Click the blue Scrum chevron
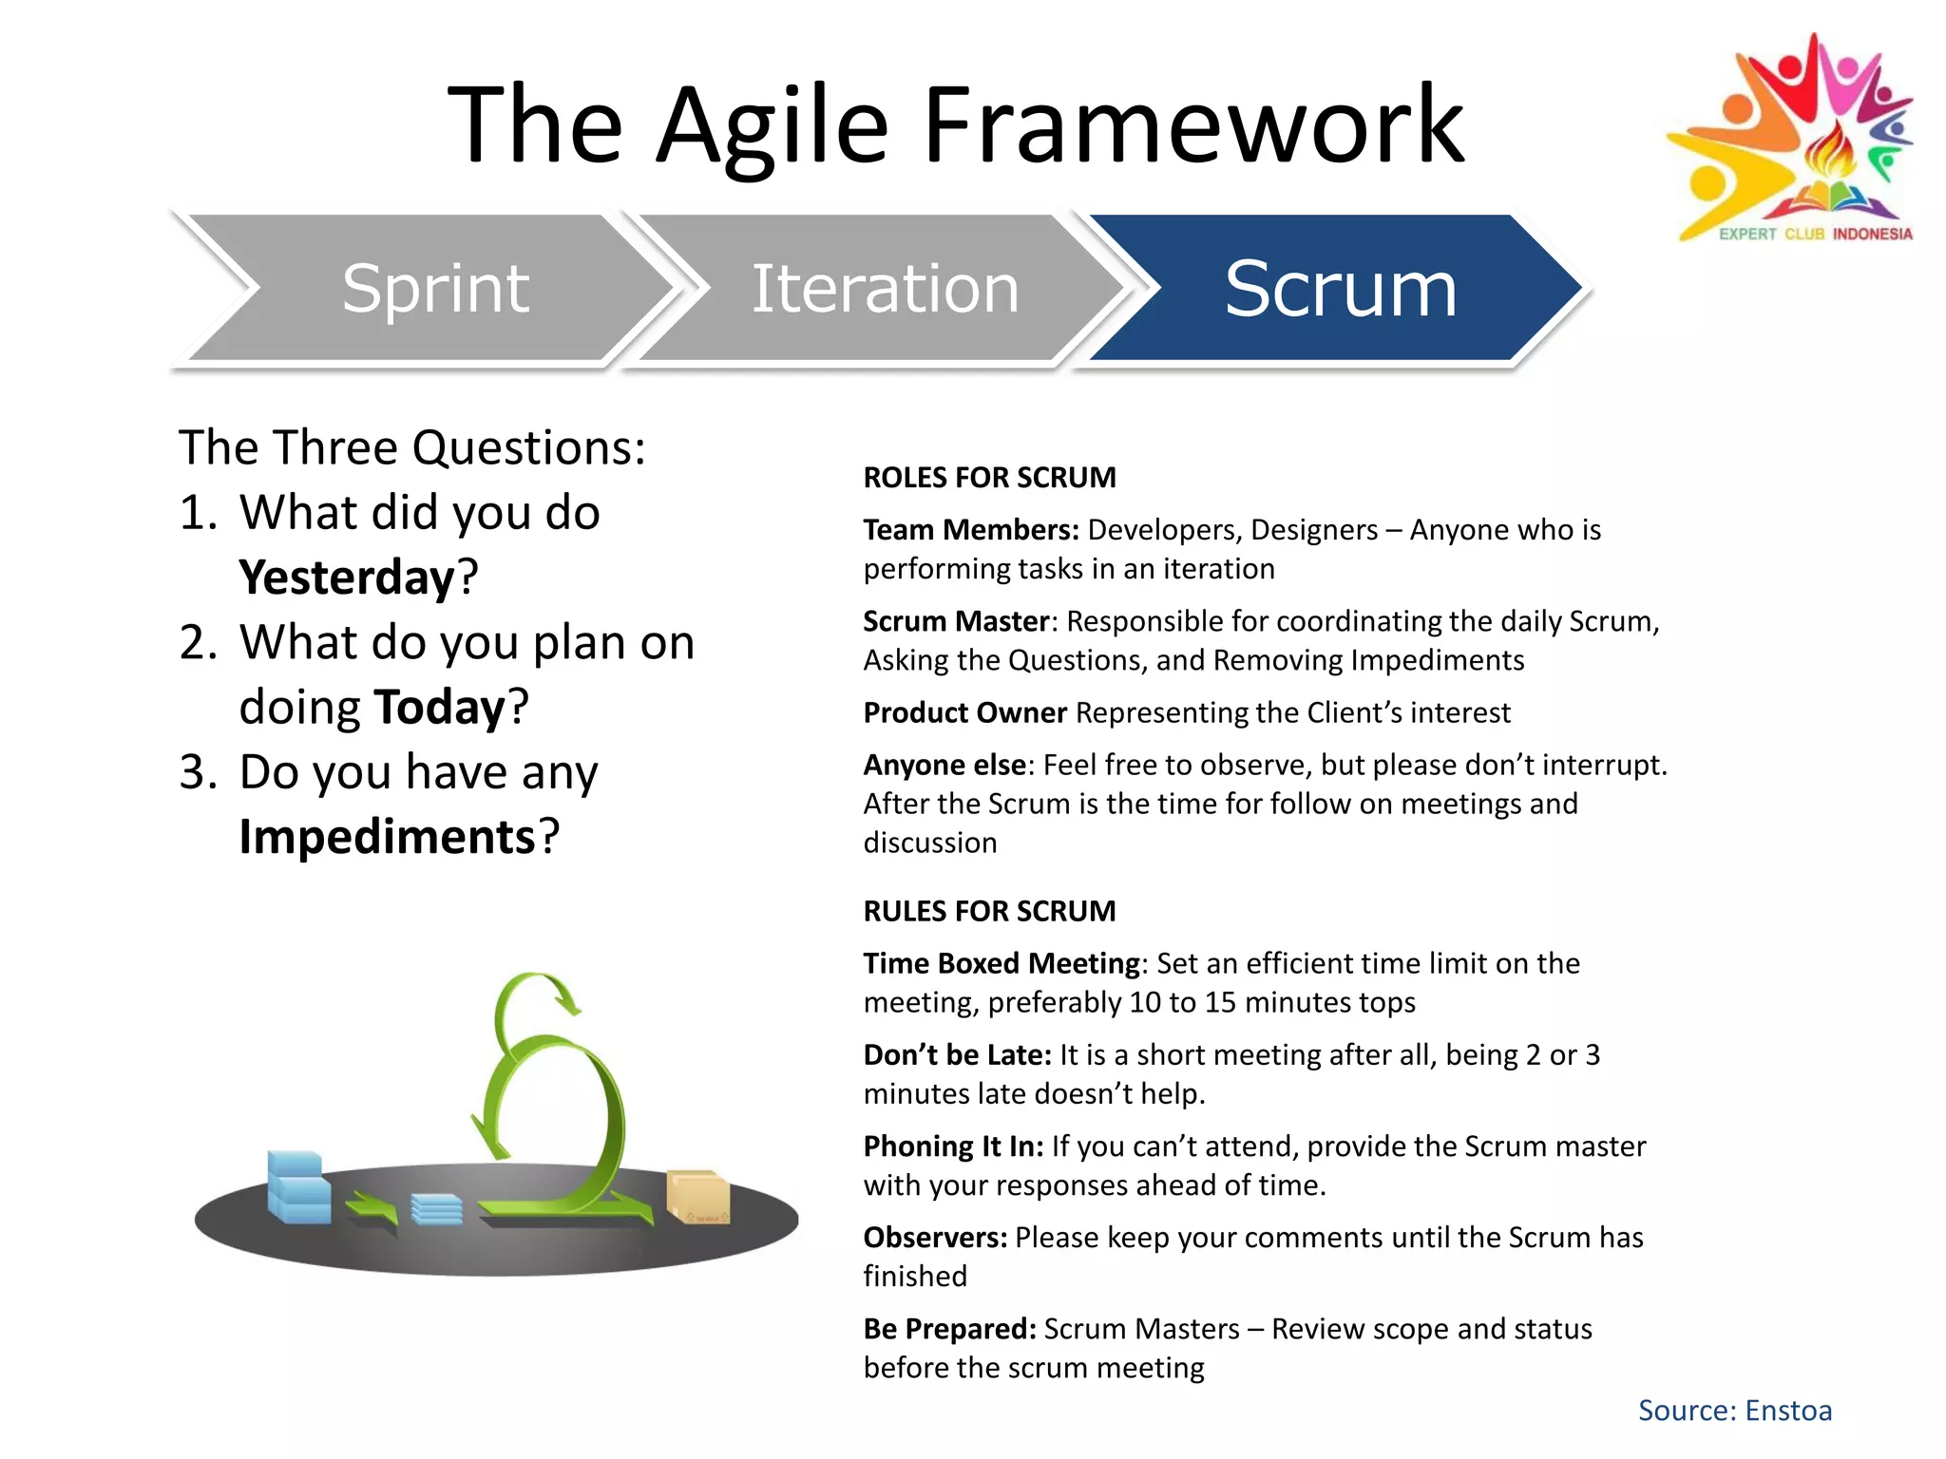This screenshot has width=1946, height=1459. [1340, 288]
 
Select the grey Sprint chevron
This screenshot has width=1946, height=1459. [435, 288]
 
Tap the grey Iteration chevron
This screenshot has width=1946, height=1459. [884, 288]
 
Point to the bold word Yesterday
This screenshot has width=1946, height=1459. [348, 578]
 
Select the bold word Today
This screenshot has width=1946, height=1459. [440, 708]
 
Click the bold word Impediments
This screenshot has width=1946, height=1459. [388, 837]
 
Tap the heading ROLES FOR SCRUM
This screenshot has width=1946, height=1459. [989, 477]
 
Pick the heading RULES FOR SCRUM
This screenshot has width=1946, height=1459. [989, 911]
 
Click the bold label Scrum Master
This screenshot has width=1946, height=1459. [956, 621]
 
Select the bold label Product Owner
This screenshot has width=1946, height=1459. [964, 712]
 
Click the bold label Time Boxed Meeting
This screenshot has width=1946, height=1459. [1002, 963]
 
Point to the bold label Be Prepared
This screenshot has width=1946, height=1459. [949, 1329]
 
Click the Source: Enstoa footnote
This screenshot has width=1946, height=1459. [1734, 1411]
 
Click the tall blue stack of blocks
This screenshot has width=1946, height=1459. [297, 1187]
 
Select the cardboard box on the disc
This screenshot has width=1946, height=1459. [698, 1197]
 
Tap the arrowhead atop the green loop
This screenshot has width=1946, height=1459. [568, 999]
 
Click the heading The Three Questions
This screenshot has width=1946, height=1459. [411, 447]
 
